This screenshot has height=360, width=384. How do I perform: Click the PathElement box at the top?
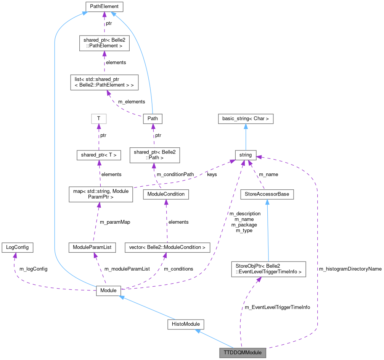104,6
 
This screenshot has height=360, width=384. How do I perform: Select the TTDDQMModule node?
242,352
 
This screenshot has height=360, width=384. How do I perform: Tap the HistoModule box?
185,324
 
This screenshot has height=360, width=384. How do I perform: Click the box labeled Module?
108,291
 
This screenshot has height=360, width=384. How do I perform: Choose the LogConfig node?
17,247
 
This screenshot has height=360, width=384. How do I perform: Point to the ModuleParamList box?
92,247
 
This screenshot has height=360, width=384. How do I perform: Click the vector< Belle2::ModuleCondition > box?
167,247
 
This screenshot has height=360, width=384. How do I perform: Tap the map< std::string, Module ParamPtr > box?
101,194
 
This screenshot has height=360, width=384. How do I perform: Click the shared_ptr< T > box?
99,155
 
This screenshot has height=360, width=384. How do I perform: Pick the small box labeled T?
99,119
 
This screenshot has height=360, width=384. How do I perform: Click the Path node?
152,119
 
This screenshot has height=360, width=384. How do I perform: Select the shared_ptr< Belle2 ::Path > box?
154,155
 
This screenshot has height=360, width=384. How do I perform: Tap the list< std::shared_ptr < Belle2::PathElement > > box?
104,82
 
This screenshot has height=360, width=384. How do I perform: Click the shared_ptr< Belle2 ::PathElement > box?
104,43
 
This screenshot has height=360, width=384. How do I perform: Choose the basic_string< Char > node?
246,119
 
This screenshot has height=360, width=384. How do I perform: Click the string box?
246,155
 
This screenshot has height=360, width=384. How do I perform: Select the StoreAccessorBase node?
267,194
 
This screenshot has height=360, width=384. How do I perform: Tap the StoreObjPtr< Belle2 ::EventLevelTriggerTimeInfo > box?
268,269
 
